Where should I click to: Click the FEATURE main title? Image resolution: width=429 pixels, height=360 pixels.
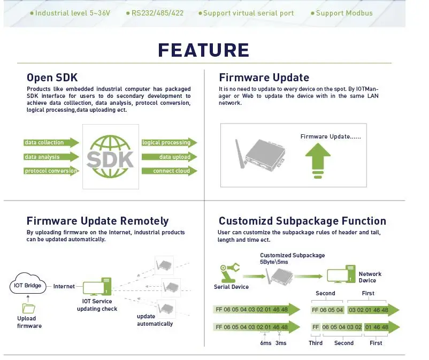[x=204, y=50]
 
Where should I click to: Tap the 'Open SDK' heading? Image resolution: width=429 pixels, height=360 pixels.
[x=52, y=78]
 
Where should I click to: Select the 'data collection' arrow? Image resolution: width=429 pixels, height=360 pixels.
[x=51, y=142]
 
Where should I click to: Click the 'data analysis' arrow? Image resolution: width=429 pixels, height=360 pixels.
[x=51, y=157]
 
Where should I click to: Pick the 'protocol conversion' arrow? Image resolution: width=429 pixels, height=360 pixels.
[x=51, y=171]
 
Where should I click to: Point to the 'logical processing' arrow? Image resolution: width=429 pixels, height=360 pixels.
[x=170, y=142]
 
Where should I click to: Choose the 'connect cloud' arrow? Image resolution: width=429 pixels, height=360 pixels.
[x=170, y=171]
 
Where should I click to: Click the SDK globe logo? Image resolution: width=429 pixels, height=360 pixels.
[x=110, y=157]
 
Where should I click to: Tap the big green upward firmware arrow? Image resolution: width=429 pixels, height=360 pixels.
[x=318, y=160]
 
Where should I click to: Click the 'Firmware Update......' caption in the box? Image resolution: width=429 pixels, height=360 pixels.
[x=331, y=136]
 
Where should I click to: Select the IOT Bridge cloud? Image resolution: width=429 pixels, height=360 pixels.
[x=28, y=284]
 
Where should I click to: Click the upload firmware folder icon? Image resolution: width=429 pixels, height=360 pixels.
[x=28, y=308]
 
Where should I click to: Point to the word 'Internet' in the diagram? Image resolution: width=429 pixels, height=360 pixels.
[x=64, y=286]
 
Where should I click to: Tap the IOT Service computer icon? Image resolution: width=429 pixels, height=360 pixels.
[x=97, y=286]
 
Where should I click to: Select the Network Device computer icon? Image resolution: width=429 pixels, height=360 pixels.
[x=341, y=274]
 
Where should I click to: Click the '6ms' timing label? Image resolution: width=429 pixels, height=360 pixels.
[x=266, y=343]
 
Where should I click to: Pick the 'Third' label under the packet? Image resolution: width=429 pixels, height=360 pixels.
[x=316, y=343]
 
